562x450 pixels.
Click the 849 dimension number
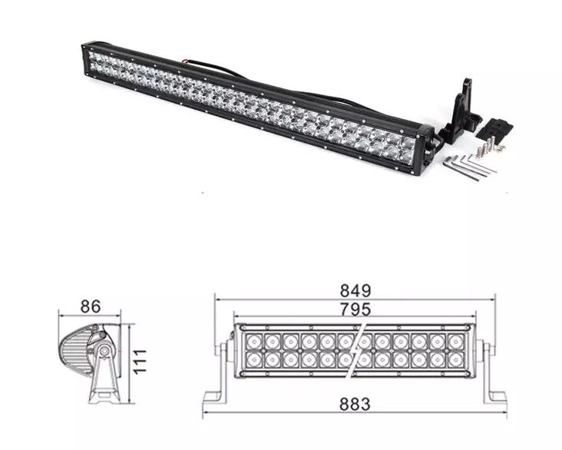pos(355,291)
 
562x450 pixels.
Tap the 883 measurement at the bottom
pos(355,403)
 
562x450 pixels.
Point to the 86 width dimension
pos(91,306)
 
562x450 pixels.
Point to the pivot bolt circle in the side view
pos(102,353)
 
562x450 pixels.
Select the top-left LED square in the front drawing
pos(253,339)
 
